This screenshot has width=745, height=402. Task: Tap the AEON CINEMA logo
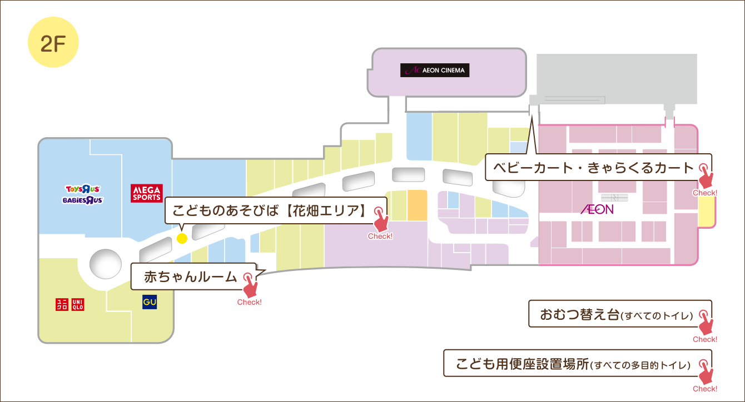[x=435, y=71]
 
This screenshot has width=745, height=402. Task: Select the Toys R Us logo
[x=82, y=189]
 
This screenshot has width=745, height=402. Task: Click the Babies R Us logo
[x=82, y=200]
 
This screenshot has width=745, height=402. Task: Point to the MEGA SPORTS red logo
[x=146, y=193]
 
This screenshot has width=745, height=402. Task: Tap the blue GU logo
[x=150, y=302]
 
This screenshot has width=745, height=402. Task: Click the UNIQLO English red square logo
[x=77, y=304]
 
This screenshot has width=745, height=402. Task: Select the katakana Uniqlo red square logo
[x=62, y=304]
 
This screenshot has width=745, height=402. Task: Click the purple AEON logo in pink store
[x=597, y=209]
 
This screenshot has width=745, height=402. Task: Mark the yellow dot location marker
[x=181, y=238]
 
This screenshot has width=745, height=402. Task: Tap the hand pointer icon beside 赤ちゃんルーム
[x=250, y=285]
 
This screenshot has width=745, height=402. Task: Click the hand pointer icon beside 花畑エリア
[x=381, y=219]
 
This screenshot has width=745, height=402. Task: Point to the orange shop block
[x=417, y=205]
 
